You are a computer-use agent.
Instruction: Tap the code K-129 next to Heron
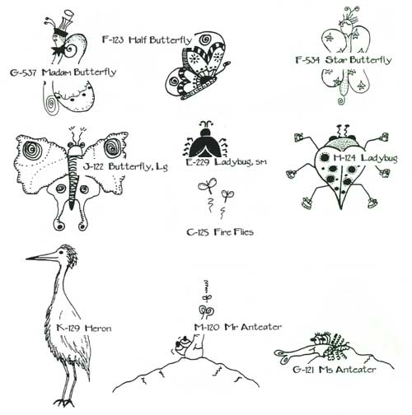pos(68,328)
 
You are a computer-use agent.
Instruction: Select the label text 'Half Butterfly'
pos(160,40)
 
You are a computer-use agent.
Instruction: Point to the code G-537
pos(23,72)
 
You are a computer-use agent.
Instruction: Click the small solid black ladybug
pos(207,142)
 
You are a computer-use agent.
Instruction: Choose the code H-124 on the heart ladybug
pos(344,158)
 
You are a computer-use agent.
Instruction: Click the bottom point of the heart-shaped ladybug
pos(340,209)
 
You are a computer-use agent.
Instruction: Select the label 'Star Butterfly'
pos(358,60)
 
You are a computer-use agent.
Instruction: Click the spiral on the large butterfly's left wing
pos(32,151)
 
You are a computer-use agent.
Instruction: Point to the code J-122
pos(93,166)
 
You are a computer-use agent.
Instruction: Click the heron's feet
pos(64,403)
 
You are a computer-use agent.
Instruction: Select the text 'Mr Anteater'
pos(253,327)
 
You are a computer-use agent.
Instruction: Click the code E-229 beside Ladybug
pos(198,162)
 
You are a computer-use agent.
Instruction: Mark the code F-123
pos(113,40)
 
